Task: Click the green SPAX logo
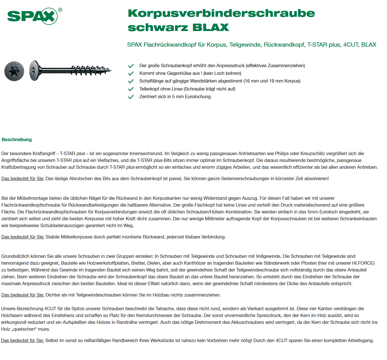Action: click(x=32, y=16)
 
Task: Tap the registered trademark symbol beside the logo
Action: click(x=60, y=10)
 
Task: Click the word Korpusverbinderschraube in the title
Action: click(x=221, y=13)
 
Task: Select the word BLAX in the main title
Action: click(x=211, y=28)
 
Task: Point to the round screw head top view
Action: click(x=14, y=71)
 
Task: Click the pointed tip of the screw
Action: click(x=111, y=70)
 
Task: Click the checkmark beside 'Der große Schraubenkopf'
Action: click(x=131, y=66)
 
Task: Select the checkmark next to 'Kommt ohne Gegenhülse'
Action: click(x=131, y=73)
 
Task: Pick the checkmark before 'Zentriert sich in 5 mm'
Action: click(x=131, y=97)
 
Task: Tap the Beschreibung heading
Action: click(x=17, y=139)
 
